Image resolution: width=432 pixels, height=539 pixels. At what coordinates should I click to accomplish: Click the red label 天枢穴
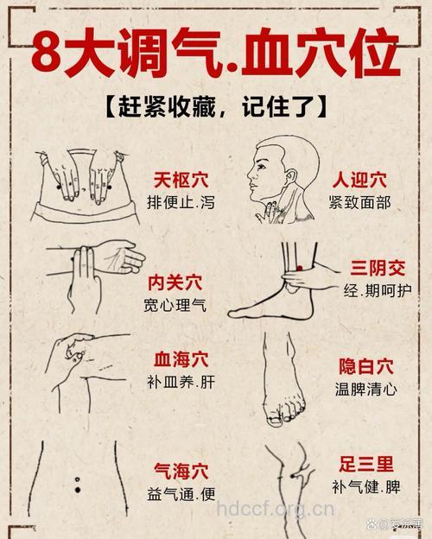pos(181,181)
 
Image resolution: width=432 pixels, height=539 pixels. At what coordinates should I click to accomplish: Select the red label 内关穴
pos(175,282)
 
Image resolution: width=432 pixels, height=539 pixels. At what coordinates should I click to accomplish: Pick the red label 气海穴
pos(181,471)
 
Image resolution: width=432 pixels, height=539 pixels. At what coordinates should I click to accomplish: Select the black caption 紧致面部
pos(359,203)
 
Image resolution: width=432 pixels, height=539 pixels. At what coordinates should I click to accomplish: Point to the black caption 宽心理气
pos(175,305)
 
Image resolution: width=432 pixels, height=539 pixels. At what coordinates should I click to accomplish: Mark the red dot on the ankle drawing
pos(299,269)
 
